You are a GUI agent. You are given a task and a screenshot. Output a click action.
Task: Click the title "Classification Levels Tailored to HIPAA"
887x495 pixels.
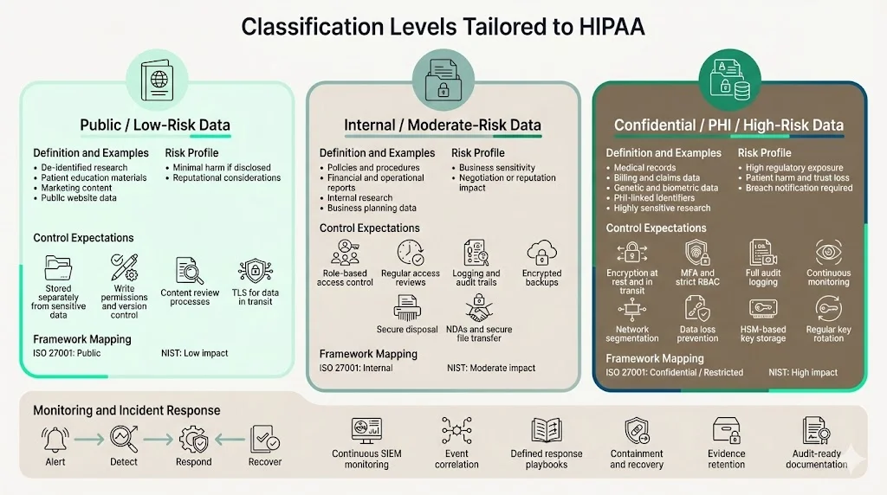click(x=443, y=26)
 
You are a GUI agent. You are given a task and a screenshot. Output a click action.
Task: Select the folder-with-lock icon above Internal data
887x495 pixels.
click(x=443, y=79)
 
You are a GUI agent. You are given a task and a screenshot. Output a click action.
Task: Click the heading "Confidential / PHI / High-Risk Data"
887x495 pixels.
click(x=728, y=125)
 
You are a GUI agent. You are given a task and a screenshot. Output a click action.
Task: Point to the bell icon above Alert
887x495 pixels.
click(x=55, y=440)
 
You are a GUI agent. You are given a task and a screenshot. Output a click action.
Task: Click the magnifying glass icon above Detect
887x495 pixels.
click(x=123, y=440)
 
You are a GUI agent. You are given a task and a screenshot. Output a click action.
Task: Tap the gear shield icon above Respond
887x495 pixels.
click(x=193, y=440)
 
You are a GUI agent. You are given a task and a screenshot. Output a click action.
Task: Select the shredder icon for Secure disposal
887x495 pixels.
click(x=407, y=308)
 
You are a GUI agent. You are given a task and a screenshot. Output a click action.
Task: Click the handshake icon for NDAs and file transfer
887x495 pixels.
click(x=479, y=308)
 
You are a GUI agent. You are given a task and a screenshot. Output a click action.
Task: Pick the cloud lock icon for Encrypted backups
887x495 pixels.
click(x=541, y=253)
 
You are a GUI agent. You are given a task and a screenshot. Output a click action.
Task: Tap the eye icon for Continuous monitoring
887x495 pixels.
click(x=828, y=253)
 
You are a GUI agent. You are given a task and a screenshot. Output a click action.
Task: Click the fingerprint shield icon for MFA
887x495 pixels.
click(x=698, y=253)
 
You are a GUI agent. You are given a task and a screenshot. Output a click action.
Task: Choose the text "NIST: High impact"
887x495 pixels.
click(x=803, y=372)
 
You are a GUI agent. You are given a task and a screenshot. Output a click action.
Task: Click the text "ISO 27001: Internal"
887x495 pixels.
click(x=356, y=368)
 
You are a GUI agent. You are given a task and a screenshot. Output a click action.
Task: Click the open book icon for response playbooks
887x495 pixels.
click(x=547, y=431)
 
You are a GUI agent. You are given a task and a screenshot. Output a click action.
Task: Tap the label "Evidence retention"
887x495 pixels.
click(x=726, y=459)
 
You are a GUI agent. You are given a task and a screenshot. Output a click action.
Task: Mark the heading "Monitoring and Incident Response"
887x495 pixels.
click(x=126, y=410)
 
